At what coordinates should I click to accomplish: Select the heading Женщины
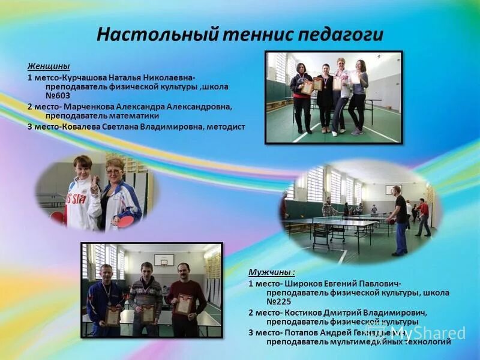point(49,66)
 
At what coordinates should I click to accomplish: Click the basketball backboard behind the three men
point(164,260)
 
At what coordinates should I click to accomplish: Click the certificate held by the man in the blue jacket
point(112,316)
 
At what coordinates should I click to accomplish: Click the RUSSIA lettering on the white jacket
point(75,199)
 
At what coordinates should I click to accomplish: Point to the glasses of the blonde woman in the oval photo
point(113,172)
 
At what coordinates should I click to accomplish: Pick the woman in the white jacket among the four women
point(341,90)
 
